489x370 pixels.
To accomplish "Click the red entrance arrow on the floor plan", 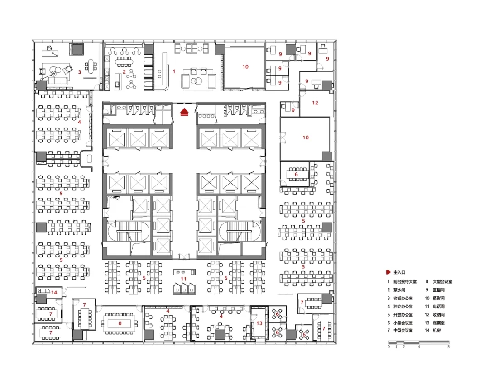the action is pos(184,112).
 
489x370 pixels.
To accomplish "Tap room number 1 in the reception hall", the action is pos(174,71).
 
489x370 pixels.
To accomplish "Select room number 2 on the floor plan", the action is pos(124,72).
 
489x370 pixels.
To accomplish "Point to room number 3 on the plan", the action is pos(80,72).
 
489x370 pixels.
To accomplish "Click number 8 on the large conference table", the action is pos(120,323).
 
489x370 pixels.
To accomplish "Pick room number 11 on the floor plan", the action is pos(183,279).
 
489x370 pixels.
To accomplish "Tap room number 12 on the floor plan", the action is pos(315,103).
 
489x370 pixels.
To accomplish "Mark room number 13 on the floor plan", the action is pos(259,323).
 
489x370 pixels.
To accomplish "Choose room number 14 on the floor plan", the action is pos(54,293).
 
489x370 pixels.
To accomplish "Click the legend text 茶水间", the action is pos(399,290).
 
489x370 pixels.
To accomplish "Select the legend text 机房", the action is pos(436,331).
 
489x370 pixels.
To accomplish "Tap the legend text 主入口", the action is pos(399,272).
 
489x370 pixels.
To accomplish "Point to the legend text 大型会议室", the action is pos(442,281).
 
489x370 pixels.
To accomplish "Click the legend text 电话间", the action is pos(438,307).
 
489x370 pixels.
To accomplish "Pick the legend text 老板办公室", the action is pos(403,299).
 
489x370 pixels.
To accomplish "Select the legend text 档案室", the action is pos(438,323).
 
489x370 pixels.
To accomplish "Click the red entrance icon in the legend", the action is pos(388,272).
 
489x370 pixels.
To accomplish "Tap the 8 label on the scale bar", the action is pos(448,346).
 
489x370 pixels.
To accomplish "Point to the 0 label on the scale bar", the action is pos(389,346).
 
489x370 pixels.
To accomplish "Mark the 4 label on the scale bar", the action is pos(419,346).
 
